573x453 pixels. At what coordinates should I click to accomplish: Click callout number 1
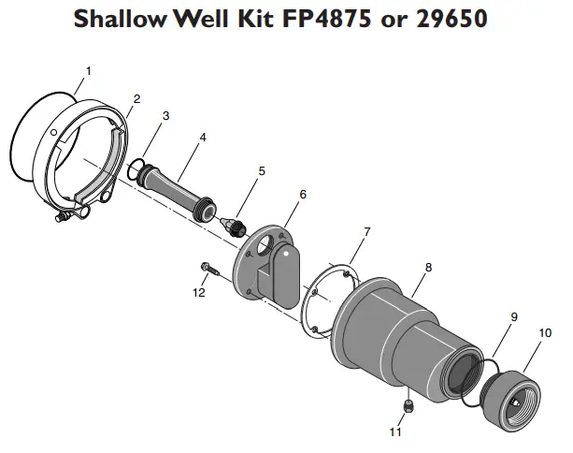pos(89,70)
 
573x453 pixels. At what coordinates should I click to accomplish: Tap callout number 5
pos(262,171)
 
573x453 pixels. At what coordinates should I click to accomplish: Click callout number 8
pos(428,267)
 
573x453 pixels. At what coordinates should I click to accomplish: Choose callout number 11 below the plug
pos(395,433)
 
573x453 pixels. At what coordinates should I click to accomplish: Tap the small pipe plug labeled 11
pos(408,404)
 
